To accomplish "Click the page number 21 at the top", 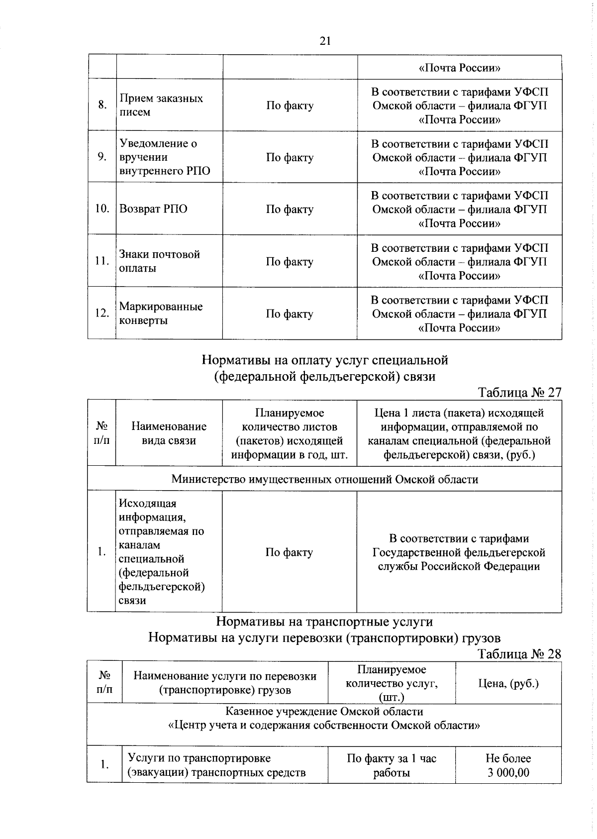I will [325, 41].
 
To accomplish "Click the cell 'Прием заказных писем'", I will [161, 105].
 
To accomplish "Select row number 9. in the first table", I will [101, 157].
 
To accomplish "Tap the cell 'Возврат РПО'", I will [154, 209].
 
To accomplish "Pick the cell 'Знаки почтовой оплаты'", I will [160, 261].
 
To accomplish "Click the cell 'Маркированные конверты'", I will [161, 313].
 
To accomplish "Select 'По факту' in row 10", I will [290, 209].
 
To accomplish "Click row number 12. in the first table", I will [101, 313].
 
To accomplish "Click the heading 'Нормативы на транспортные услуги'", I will [324, 622].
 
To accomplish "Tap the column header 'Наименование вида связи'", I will [169, 433].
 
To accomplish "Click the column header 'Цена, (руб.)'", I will [508, 683].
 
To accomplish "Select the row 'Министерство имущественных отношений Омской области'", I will [324, 479].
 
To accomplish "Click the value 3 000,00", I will [508, 773].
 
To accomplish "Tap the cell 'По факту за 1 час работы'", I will [391, 765].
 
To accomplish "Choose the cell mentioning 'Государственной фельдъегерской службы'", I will [459, 552].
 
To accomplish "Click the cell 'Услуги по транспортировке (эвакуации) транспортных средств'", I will [216, 765].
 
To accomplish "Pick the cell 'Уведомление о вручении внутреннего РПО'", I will [165, 157].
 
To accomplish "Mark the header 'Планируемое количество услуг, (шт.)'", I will [391, 683].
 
